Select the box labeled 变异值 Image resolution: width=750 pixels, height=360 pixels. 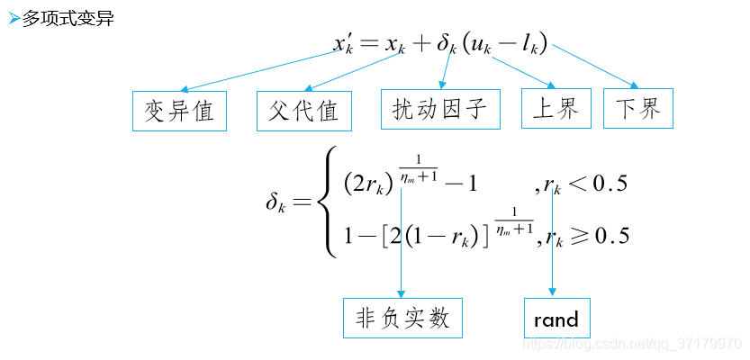click(179, 111)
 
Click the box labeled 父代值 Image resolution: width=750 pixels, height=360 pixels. click(303, 111)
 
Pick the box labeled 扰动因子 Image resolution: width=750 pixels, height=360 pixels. click(439, 110)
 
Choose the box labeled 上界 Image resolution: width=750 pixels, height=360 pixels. click(556, 109)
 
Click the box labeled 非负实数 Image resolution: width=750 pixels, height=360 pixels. click(402, 318)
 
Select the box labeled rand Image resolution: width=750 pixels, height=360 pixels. click(556, 319)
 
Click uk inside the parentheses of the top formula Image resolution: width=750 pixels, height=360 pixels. click(485, 44)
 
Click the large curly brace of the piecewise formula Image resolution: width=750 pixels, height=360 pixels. click(330, 202)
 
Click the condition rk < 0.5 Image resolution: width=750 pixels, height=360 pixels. click(586, 184)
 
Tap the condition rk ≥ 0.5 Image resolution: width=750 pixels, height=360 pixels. click(588, 237)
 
